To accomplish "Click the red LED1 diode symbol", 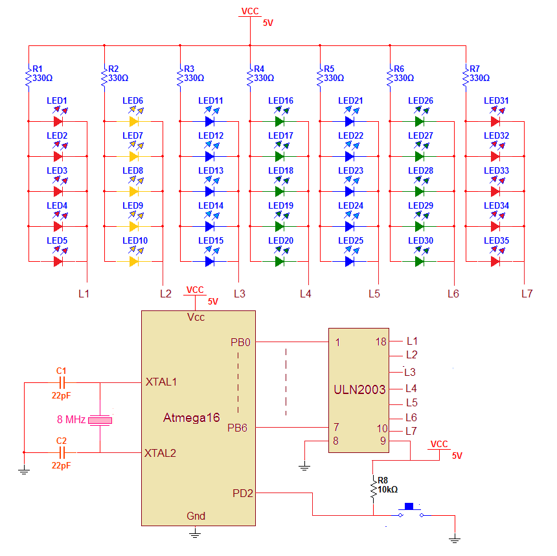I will pos(58,121).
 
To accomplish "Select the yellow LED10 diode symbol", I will pos(134,261).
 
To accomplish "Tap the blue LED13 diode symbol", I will pos(210,191).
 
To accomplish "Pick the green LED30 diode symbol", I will pos(420,261).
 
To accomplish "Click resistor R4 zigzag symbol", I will pos(251,78).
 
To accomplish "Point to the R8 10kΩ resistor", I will pos(374,489).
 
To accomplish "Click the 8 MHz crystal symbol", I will pos(100,421).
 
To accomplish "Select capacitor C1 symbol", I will pos(62,382).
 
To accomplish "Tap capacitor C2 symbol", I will pos(62,452).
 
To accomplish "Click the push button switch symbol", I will pos(410,511).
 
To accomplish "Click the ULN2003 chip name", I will pos(359,390).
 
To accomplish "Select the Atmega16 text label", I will pos(191,418).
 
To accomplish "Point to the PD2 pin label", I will pos(243,493).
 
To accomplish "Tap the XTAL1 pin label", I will pos(161,382).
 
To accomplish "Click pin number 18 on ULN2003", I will pos(381,342).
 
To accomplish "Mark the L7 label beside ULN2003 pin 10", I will pos(411,431).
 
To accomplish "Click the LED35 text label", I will pos(497,240).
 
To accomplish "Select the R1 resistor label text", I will pos(37,68).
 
